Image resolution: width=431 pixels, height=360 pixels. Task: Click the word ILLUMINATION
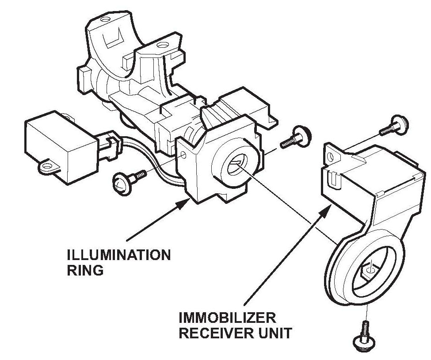pyautogui.click(x=118, y=255)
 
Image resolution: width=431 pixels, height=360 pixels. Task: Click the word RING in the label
pyautogui.click(x=85, y=270)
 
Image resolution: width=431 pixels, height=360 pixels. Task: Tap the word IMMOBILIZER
pyautogui.click(x=227, y=318)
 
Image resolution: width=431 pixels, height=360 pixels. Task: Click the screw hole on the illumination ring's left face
pyautogui.click(x=184, y=155)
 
